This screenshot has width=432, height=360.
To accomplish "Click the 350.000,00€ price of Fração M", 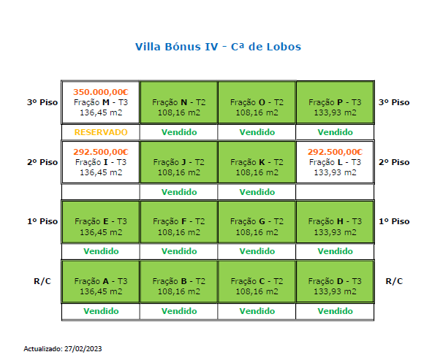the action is pos(101,92).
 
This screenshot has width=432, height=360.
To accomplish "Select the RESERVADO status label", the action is pos(101,132).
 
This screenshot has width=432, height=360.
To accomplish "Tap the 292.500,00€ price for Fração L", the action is pos(335,152).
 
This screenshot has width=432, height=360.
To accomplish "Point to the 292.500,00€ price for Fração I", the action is pos(101,152).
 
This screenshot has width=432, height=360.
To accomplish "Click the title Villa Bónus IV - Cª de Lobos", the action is pos(219,47).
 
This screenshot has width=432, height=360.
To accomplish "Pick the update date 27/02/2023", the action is pos(83,349).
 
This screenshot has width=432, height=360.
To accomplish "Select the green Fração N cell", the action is pos(179,102).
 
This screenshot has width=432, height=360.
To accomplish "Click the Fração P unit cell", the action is pos(335,102).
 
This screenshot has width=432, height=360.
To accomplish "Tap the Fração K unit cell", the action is pos(257,162).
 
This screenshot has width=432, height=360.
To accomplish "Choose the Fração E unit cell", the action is pos(101,222).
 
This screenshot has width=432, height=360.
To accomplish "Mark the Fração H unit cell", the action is pos(335,222).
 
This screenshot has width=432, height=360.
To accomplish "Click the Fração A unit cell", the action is pos(101,282).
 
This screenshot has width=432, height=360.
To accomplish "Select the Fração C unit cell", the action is pos(257,282).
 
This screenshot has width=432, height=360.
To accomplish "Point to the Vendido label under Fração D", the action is pos(335,311).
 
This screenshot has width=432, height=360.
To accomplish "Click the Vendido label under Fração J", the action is pos(179,192).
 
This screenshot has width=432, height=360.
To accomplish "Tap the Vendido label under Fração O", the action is pos(257,132).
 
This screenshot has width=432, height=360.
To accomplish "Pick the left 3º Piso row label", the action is pos(42,102).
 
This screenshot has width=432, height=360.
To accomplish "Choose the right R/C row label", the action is pos(394,281).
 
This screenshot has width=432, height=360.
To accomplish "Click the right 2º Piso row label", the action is pos(394,162).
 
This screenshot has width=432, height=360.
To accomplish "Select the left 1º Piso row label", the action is pos(42,221).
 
